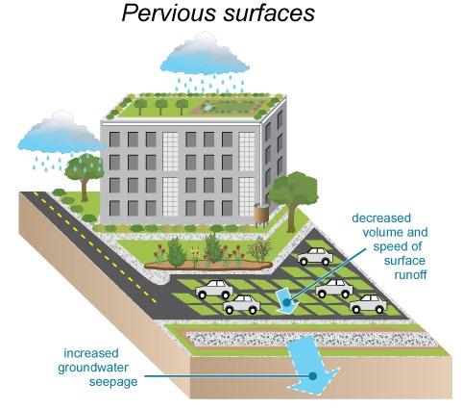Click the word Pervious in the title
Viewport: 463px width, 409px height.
click(169, 13)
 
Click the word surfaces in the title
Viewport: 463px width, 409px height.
click(269, 13)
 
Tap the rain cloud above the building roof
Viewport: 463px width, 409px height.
click(205, 54)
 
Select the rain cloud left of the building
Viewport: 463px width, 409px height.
click(61, 133)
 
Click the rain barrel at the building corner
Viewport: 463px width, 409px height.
click(262, 215)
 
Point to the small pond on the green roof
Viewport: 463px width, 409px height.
click(207, 107)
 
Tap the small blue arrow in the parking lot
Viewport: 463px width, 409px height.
click(287, 301)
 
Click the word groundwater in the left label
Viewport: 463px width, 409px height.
click(93, 368)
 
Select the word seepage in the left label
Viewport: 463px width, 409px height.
click(113, 382)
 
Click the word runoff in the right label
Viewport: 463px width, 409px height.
click(410, 275)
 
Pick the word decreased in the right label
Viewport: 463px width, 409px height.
click(381, 218)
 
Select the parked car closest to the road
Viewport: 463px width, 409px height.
click(214, 289)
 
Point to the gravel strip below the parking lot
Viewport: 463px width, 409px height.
click(310, 340)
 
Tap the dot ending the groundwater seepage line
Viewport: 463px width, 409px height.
click(313, 375)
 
